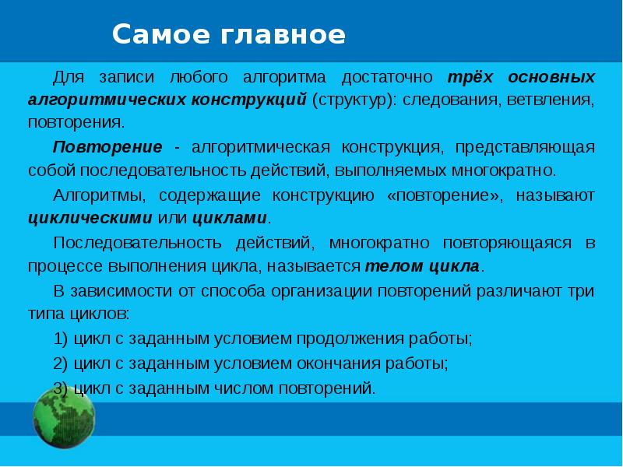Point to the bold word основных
pos(552,78)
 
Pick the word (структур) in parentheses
pos(351,100)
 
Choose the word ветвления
pos(552,100)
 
